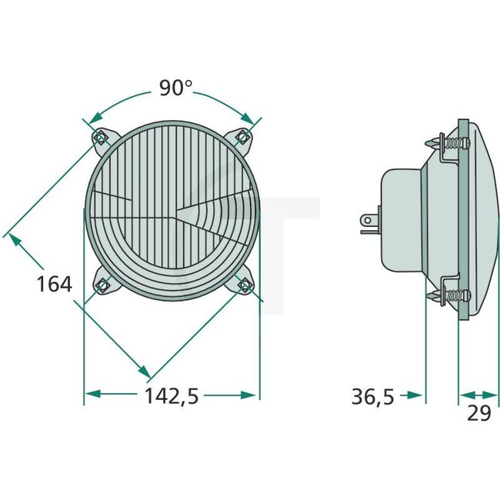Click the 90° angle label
point(176,88)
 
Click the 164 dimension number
point(54,284)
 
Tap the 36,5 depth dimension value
point(372,396)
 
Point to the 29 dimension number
point(478,413)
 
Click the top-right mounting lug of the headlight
point(242,138)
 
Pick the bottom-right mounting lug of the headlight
point(244,285)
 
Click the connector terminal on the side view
point(368,222)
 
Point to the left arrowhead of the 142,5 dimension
point(92,395)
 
